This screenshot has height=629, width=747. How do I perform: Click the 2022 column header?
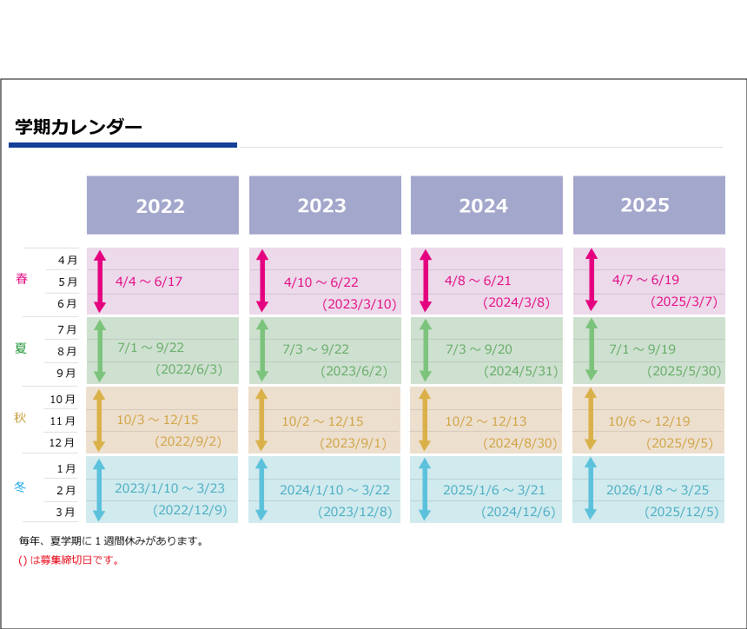click(162, 205)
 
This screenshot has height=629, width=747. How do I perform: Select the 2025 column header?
click(649, 205)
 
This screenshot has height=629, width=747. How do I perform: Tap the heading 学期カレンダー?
click(78, 127)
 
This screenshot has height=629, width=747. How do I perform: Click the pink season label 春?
click(22, 278)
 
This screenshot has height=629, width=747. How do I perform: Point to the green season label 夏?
click(21, 348)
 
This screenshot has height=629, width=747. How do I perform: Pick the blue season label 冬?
click(19, 487)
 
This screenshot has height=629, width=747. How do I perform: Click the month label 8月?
click(67, 351)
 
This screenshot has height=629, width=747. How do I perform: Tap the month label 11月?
click(63, 420)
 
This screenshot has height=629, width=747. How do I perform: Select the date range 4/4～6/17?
click(149, 281)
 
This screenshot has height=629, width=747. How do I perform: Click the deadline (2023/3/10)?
click(360, 304)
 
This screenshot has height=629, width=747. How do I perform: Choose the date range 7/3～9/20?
click(479, 349)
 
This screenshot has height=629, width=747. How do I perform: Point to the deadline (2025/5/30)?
click(684, 371)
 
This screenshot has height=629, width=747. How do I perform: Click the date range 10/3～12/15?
click(157, 420)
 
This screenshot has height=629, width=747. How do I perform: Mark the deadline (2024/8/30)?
click(519, 443)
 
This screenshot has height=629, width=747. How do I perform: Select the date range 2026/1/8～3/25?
click(658, 490)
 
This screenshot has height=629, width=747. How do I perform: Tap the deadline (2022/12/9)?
click(189, 510)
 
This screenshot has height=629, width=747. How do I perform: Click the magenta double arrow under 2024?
click(426, 281)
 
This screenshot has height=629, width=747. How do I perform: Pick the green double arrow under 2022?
click(100, 351)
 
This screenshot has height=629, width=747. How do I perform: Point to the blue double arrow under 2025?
click(591, 488)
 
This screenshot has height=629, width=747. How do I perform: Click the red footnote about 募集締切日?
click(69, 560)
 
